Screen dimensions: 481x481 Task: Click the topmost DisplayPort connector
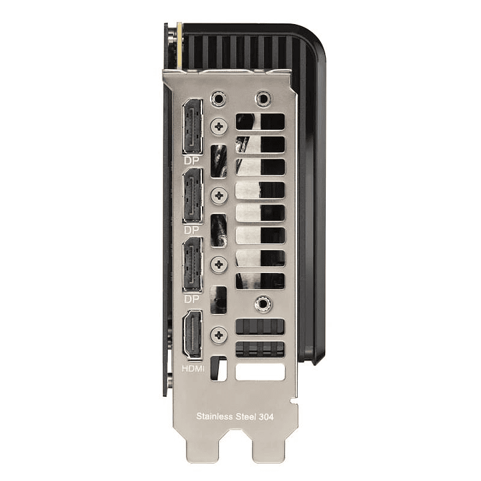[193, 126]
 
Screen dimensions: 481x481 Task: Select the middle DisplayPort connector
[193, 195]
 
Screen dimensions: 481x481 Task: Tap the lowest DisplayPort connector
[193, 264]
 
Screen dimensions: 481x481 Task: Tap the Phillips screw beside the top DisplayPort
[219, 125]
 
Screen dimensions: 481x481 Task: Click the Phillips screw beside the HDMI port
[219, 334]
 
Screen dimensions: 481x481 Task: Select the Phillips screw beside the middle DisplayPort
[219, 195]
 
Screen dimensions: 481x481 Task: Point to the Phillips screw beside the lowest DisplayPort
[219, 264]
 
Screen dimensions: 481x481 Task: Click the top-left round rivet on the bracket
[217, 100]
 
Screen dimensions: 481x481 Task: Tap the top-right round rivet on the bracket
[264, 100]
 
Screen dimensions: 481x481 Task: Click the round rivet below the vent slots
[265, 305]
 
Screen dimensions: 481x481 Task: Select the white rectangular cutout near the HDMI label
[260, 371]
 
